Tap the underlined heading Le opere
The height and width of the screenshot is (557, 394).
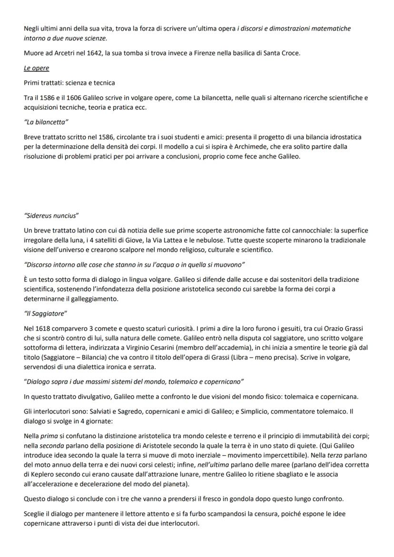tap(37, 68)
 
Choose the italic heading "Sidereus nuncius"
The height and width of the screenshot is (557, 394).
tap(51, 215)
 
